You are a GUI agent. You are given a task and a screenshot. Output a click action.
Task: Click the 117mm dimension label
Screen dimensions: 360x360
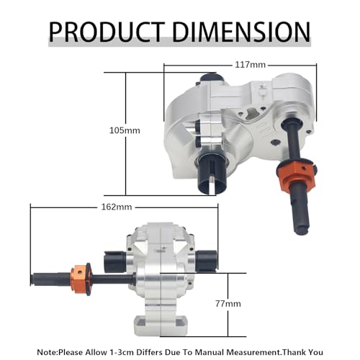(250, 65)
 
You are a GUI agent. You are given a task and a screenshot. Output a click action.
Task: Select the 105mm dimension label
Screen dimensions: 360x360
(125, 130)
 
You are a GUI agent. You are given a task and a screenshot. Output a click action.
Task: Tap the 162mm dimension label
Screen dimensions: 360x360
(117, 207)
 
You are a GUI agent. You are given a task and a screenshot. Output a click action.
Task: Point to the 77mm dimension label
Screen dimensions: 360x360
(228, 304)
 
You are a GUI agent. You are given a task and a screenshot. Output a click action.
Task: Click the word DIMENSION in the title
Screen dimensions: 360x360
(241, 32)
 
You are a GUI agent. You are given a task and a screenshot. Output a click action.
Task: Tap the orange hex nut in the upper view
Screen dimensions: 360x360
(296, 175)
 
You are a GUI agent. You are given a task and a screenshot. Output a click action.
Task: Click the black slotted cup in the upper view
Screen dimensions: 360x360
(212, 173)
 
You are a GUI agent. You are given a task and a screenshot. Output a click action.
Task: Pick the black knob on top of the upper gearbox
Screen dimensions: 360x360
(212, 77)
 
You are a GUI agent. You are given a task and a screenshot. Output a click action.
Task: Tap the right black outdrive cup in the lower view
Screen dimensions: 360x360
(206, 261)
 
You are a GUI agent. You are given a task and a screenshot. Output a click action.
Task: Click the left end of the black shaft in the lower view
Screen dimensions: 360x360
(32, 279)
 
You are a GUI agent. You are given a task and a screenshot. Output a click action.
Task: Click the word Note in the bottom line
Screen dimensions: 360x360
(47, 352)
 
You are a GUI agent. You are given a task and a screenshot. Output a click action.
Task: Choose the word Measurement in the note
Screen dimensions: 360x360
(253, 352)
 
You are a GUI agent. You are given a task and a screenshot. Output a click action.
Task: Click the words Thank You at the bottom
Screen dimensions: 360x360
(302, 352)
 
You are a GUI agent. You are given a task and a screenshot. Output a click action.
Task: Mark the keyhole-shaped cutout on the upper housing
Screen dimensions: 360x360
(251, 112)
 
